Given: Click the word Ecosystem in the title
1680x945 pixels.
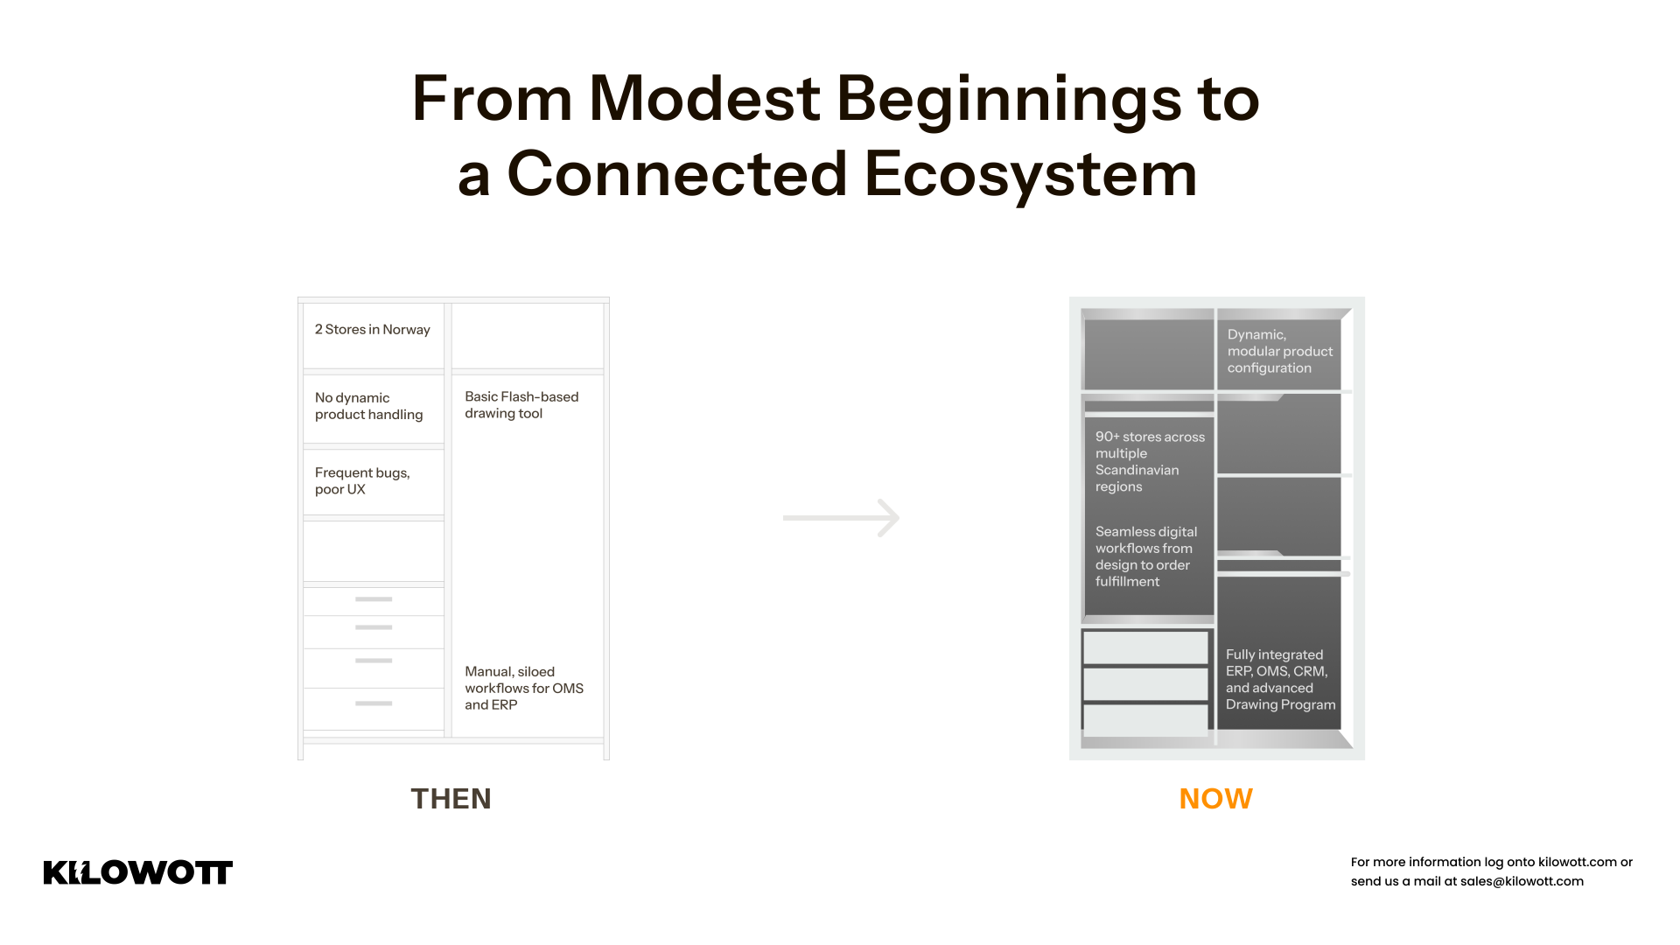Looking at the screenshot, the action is (x=1030, y=173).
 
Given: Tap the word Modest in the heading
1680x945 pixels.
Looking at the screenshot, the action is (x=704, y=98).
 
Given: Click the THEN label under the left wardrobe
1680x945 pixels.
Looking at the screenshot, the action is (x=451, y=799).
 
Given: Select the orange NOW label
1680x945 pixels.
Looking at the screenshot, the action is (x=1216, y=799).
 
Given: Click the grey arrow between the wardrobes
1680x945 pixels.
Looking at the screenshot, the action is (x=841, y=518).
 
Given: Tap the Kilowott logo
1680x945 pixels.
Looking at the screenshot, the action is (x=138, y=872).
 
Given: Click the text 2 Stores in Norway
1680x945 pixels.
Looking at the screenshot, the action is (x=373, y=330).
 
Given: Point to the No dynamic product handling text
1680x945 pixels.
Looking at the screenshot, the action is (x=369, y=406).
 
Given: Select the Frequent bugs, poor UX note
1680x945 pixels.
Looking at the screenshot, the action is (x=362, y=481).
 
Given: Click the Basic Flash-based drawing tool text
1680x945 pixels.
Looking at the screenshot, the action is (x=521, y=405).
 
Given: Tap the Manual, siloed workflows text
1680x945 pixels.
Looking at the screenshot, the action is (x=524, y=688).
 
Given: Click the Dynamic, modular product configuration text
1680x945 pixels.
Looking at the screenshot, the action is (x=1280, y=351).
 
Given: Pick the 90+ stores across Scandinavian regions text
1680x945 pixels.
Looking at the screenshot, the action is (x=1150, y=461).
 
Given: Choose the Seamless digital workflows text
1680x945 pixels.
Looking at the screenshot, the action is (x=1146, y=556).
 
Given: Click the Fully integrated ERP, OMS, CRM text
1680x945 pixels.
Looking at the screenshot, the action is (x=1280, y=680).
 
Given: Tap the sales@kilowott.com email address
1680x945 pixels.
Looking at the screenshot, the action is (x=1522, y=881).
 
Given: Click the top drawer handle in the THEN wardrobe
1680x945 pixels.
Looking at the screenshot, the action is (x=374, y=599).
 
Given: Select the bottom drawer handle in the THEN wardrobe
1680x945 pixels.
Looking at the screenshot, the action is (x=374, y=703).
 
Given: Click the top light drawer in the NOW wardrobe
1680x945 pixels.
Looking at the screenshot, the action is (x=1145, y=648).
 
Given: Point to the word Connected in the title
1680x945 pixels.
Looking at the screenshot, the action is (x=677, y=173).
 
